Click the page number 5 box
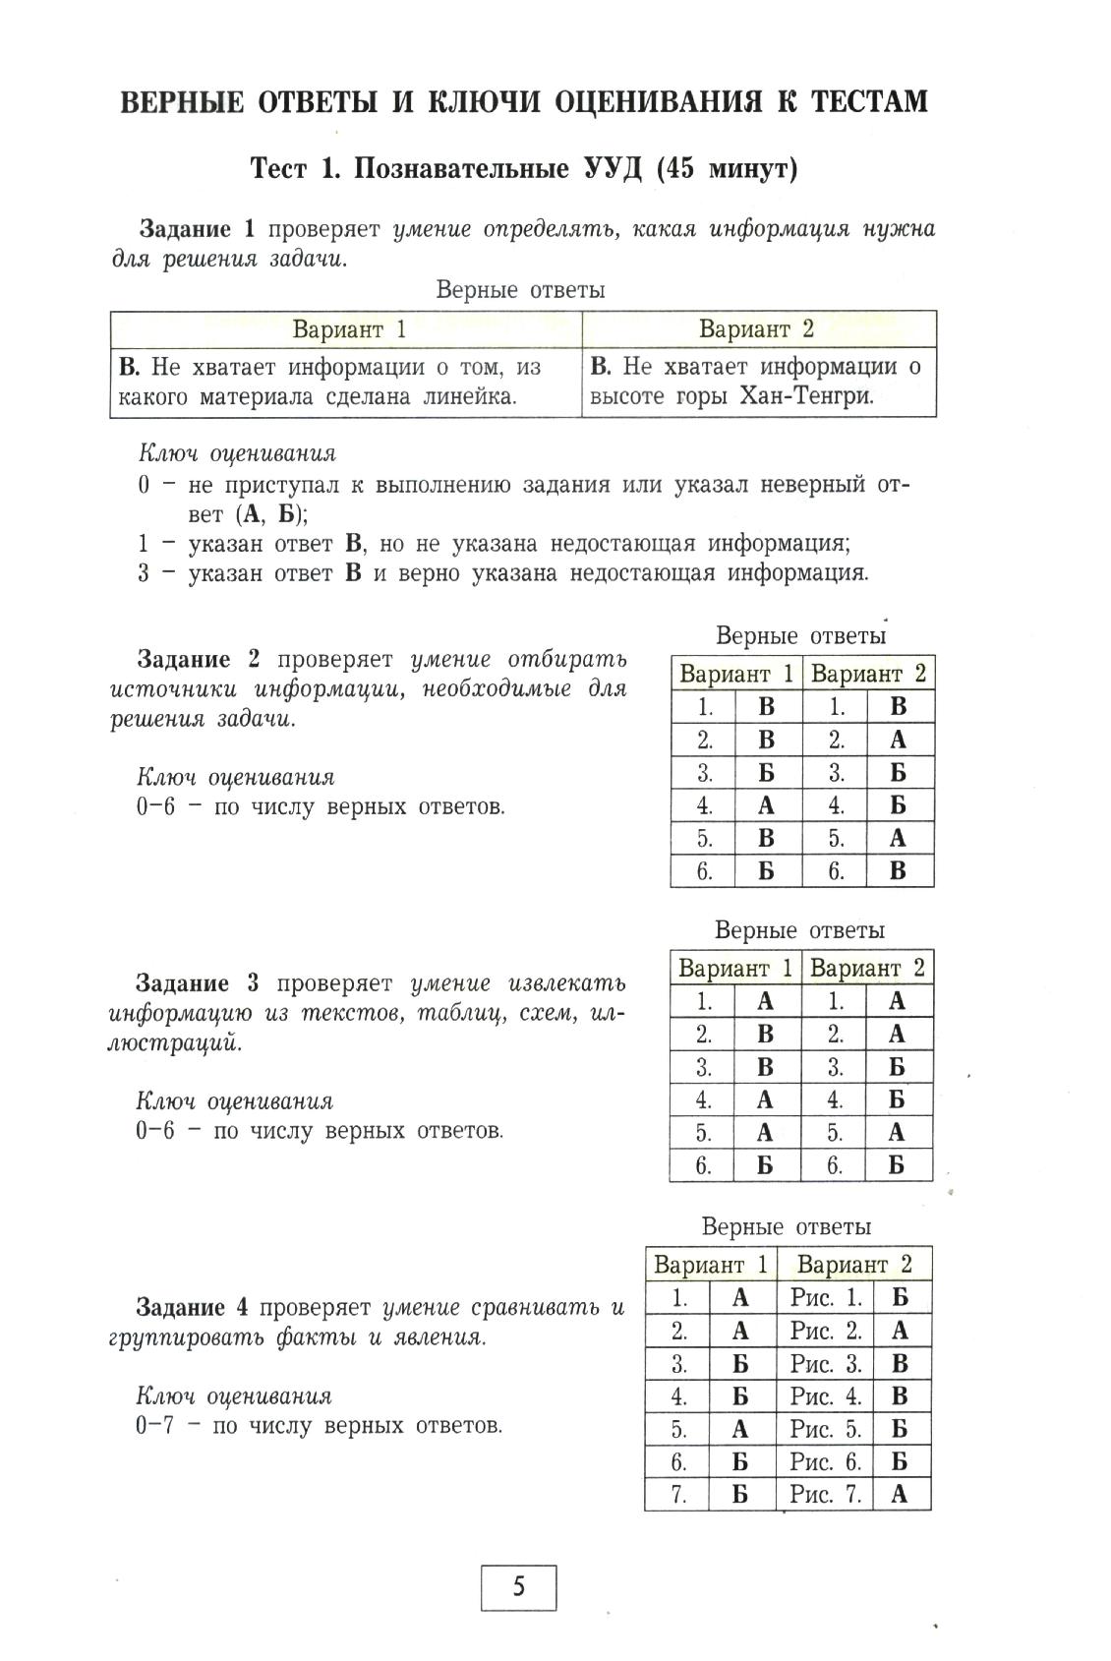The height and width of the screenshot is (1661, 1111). click(x=518, y=1586)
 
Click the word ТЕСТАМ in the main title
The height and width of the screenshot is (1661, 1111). click(x=856, y=101)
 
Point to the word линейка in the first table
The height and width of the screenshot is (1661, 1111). click(x=468, y=397)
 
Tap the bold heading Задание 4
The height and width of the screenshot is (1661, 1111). click(x=194, y=1307)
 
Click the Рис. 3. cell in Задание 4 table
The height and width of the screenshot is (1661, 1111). click(x=825, y=1364)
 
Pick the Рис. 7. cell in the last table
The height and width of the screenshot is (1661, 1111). click(x=825, y=1495)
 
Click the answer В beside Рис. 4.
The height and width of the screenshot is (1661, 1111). click(x=899, y=1396)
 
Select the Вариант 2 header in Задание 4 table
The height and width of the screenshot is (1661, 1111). click(x=853, y=1264)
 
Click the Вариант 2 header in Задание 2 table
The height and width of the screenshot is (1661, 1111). click(x=868, y=674)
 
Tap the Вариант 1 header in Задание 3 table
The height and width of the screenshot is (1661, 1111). click(x=734, y=968)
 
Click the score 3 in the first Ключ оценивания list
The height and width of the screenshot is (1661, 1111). click(x=144, y=573)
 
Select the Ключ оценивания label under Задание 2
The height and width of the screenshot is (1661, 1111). click(x=235, y=777)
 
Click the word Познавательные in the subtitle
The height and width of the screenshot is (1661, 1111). click(x=458, y=169)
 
